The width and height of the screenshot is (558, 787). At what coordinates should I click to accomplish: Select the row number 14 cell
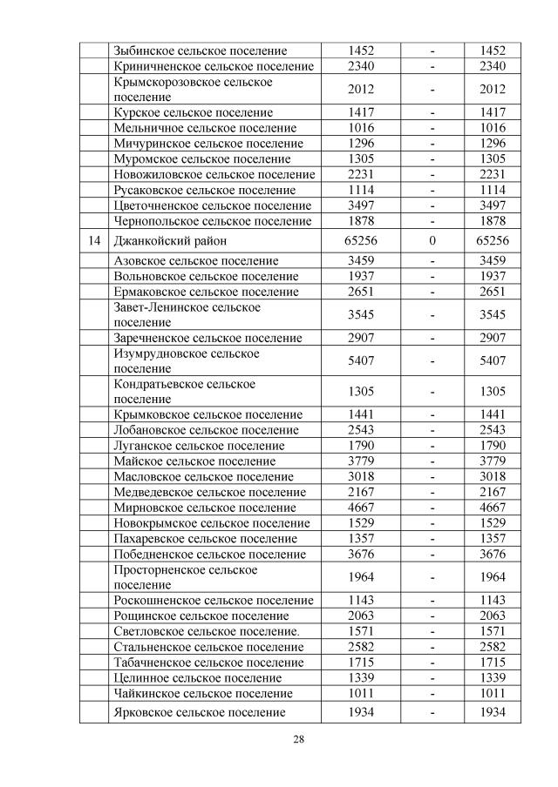coord(93,240)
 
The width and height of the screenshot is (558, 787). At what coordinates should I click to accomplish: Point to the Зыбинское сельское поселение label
coord(200,51)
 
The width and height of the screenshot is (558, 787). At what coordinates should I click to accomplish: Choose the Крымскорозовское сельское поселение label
coord(193,89)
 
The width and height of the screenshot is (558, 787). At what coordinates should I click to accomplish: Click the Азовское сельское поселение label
coord(196,260)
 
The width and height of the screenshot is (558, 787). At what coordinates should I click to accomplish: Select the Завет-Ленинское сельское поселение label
coord(187,314)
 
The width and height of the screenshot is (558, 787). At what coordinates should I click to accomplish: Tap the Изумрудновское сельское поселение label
coord(187,360)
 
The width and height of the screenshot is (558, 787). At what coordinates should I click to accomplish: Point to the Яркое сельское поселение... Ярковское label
coord(200,712)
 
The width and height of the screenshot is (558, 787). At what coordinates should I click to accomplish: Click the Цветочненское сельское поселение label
coord(212,206)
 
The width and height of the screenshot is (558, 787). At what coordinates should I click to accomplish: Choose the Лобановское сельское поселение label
coord(206,430)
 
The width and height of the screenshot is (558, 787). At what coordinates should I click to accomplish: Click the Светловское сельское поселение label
coord(206,631)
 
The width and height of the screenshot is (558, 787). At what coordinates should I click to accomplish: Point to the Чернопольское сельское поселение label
coord(212,221)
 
